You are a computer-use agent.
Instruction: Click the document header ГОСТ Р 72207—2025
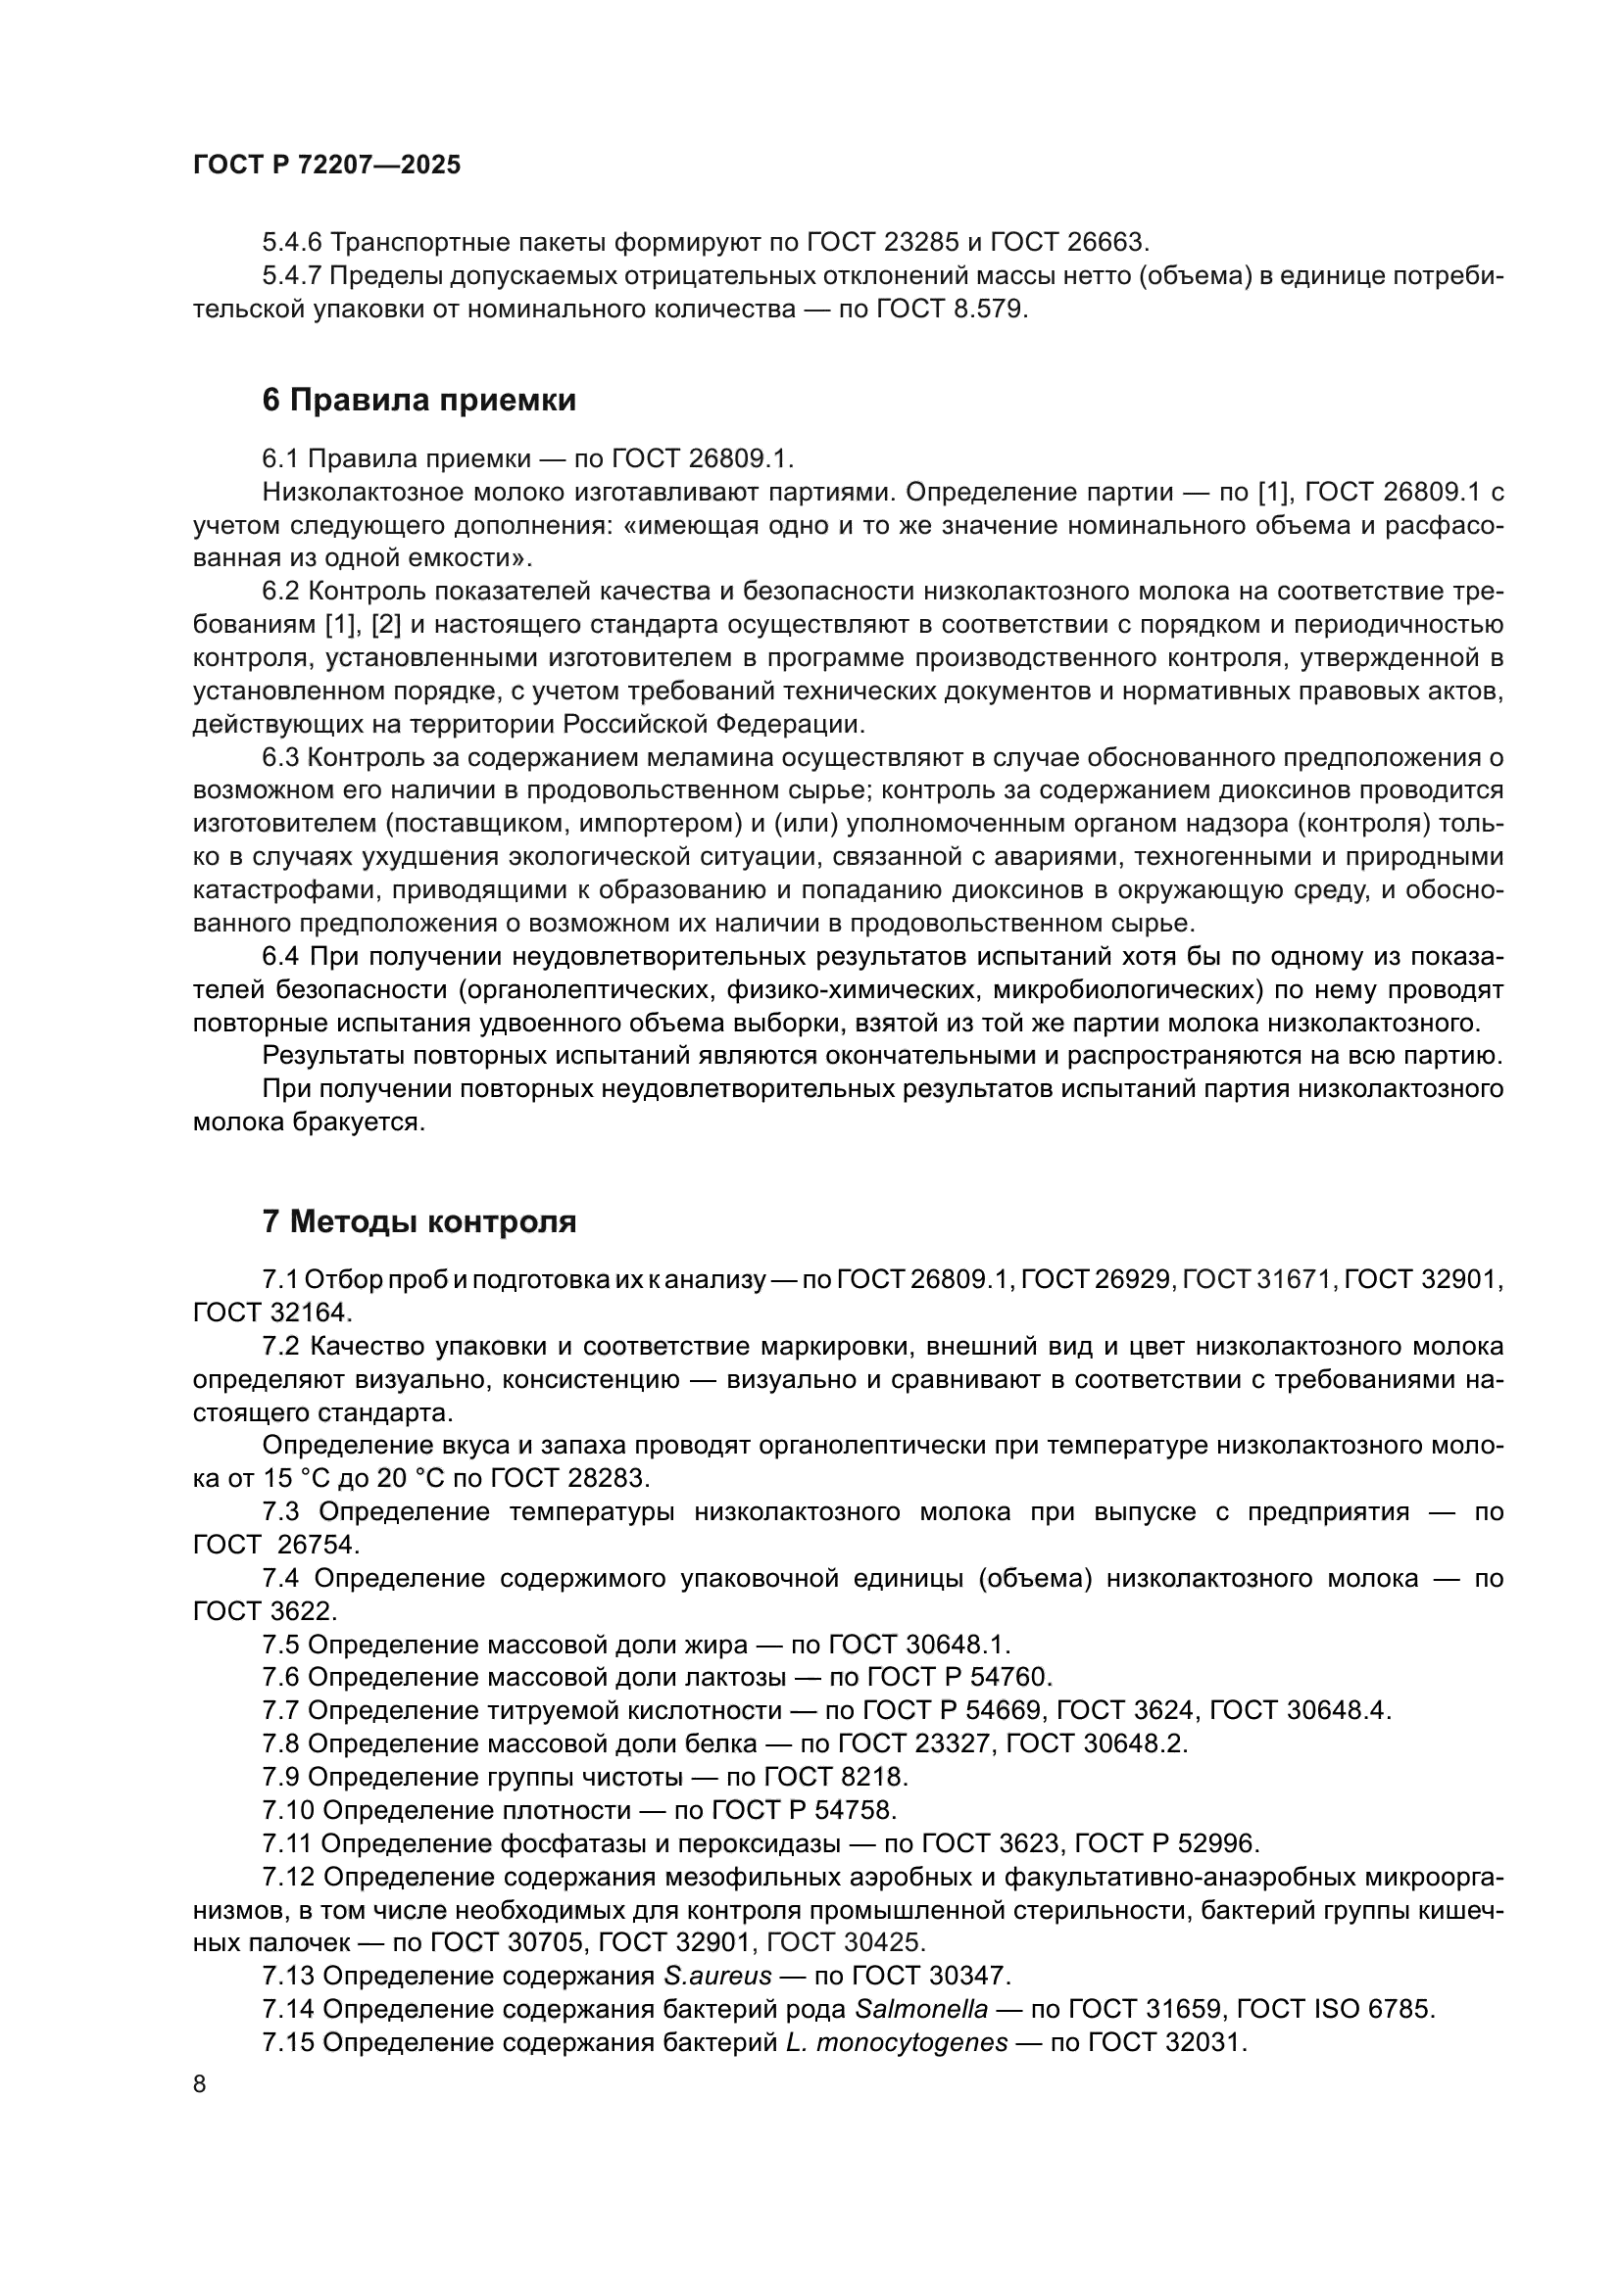[326, 166]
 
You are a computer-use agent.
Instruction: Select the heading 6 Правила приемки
[419, 401]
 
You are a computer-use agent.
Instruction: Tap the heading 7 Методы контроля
[419, 1221]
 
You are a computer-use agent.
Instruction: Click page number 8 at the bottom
[200, 2084]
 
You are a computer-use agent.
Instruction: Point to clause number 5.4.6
[291, 242]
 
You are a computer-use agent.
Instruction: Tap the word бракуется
[363, 1122]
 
